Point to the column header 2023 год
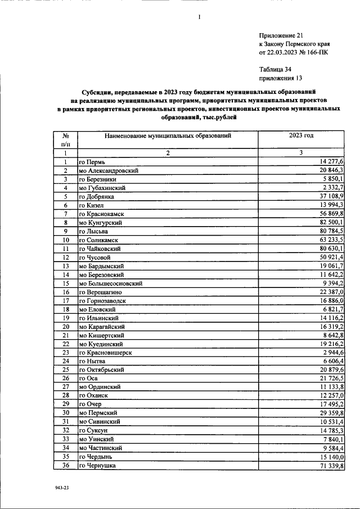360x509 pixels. click(x=301, y=136)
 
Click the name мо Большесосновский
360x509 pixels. click(x=111, y=283)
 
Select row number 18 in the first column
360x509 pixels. click(x=66, y=309)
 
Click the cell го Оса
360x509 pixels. click(x=89, y=379)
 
